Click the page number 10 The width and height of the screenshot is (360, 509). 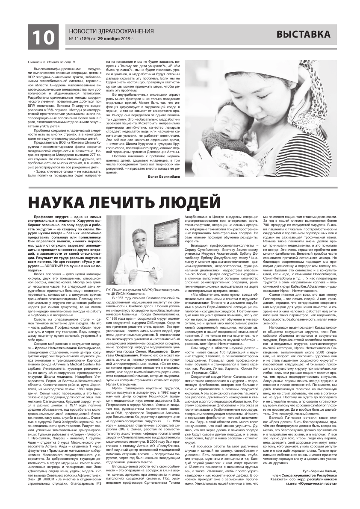pyautogui.click(x=42, y=37)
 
